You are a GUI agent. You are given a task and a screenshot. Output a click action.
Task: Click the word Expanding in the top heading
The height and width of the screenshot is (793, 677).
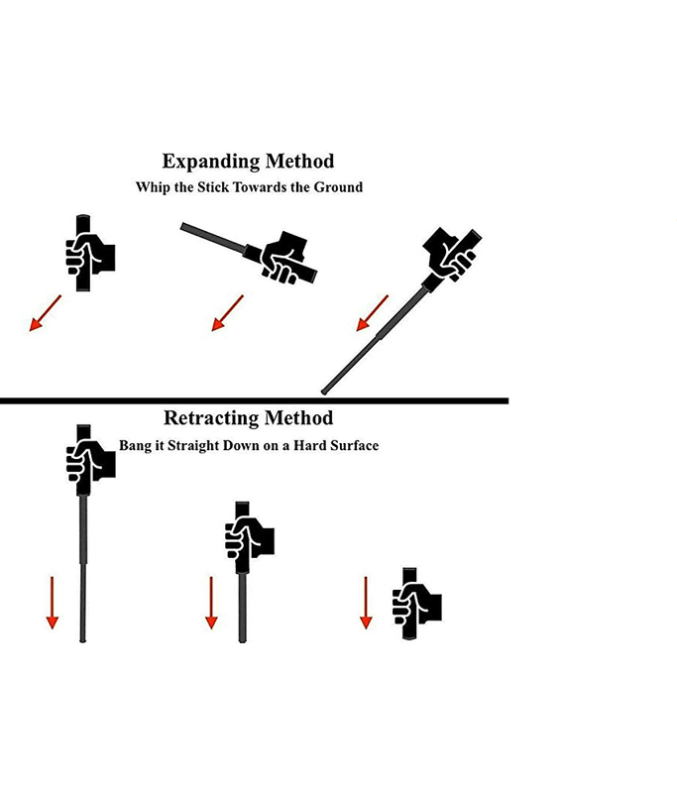click(x=211, y=162)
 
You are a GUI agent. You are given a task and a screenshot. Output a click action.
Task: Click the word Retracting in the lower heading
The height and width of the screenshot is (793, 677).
click(x=211, y=418)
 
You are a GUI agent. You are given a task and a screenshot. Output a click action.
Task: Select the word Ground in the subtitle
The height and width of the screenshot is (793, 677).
click(x=338, y=187)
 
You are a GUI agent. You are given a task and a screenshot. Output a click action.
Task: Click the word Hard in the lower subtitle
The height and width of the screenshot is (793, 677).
click(x=309, y=445)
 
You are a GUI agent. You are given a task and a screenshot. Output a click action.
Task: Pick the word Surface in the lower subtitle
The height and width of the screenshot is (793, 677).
click(x=354, y=445)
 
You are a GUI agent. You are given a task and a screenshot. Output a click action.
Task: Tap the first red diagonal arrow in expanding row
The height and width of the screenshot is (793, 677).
click(x=45, y=313)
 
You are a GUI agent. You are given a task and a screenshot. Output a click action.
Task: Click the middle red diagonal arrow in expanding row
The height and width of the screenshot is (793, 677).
click(x=227, y=313)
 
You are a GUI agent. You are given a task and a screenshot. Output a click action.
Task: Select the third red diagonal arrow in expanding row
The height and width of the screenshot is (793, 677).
click(x=372, y=313)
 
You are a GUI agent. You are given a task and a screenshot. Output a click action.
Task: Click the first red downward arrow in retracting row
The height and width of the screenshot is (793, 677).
click(x=53, y=603)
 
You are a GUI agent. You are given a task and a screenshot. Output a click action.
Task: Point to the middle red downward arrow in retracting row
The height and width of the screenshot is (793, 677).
click(x=211, y=603)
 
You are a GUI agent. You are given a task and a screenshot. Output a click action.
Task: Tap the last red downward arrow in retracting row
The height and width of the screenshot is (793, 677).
click(x=366, y=603)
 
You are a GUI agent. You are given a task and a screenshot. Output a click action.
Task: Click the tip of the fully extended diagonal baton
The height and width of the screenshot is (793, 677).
click(x=324, y=391)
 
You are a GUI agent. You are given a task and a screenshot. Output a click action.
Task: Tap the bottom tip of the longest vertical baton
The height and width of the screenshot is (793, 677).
click(x=83, y=640)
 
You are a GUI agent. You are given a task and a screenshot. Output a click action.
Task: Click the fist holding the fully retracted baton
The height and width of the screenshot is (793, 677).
click(x=417, y=604)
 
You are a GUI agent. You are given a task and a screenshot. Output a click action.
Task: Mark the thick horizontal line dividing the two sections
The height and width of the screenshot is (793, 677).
click(x=255, y=400)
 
